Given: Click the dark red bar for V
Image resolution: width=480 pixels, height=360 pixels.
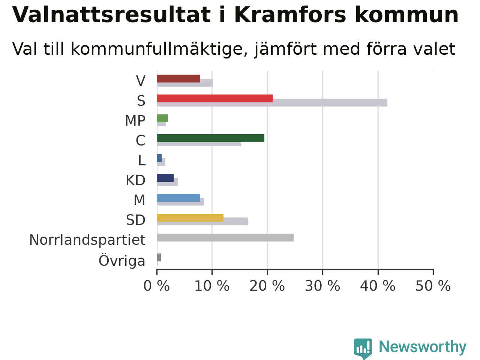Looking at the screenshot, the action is coord(178,79).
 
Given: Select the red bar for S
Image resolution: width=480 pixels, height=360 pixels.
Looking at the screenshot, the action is coord(215,99).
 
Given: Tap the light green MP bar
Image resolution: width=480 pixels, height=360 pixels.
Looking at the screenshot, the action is coord(162,118).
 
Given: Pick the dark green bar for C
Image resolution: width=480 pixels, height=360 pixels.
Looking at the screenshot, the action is coord(211,138).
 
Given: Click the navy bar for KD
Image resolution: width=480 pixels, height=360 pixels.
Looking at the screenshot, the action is coord(165,178).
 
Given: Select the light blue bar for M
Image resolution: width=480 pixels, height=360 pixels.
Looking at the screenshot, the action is coord(178,198).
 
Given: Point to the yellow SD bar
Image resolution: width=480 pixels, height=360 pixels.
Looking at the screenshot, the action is coord(190,218).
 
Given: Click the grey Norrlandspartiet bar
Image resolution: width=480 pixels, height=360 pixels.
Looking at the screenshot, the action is coord(225,238).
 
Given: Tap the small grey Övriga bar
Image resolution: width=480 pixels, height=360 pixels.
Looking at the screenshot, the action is coord(159,258).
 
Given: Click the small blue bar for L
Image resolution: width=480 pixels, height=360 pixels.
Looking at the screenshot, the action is coord(159,158).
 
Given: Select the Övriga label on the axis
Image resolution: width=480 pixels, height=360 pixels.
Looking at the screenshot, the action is coord(122,261).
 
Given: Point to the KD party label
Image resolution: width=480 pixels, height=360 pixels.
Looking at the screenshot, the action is coord(136,180).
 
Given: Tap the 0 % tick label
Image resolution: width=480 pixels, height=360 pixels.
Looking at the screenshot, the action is coord(157,286).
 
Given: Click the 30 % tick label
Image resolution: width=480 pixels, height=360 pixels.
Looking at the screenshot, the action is coord(322,286).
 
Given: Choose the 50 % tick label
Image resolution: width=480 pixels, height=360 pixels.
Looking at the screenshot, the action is coord(433,286).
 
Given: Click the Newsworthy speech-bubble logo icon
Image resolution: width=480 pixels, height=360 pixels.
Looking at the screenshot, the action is coord(363,348).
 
